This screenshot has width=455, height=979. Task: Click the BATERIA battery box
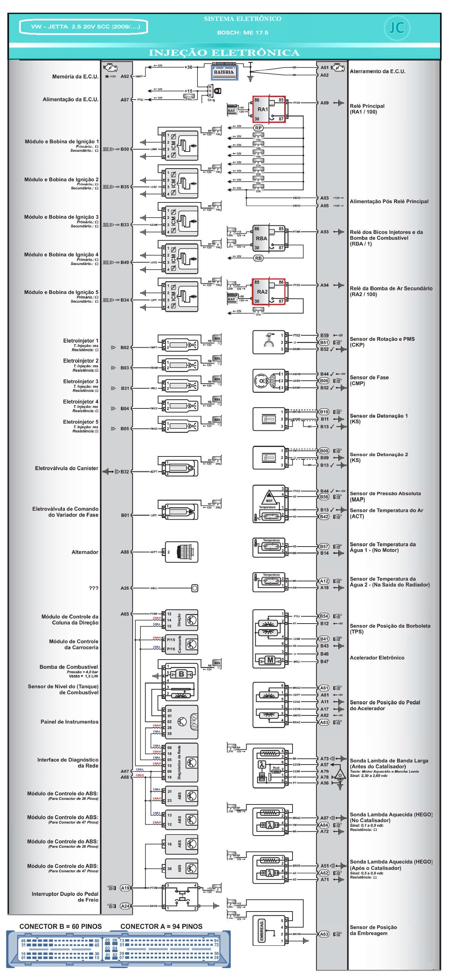pos(224,72)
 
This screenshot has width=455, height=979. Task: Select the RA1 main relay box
pos(269,109)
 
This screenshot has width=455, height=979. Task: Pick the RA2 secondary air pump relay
pos(268,291)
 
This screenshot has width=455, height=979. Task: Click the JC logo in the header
pos(397,28)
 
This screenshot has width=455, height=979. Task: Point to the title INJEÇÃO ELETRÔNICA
pos(224,53)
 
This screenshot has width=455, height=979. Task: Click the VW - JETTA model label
pos(84,27)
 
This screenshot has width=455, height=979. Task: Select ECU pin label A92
pos(125,76)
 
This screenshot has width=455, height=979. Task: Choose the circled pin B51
pos(324,342)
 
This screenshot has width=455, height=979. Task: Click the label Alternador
pos(85,552)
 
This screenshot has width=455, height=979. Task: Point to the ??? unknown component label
pos(94,588)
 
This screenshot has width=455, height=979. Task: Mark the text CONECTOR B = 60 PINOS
pos(60,927)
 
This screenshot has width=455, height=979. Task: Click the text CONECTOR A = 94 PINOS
pos(161,927)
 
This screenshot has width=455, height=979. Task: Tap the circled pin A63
pos(324,934)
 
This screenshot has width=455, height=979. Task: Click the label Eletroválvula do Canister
pos(66,468)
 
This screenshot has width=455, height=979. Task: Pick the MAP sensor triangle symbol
pos(269,496)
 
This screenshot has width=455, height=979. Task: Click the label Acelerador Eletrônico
pos(377,657)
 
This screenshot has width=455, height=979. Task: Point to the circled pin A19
pos(125,888)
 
